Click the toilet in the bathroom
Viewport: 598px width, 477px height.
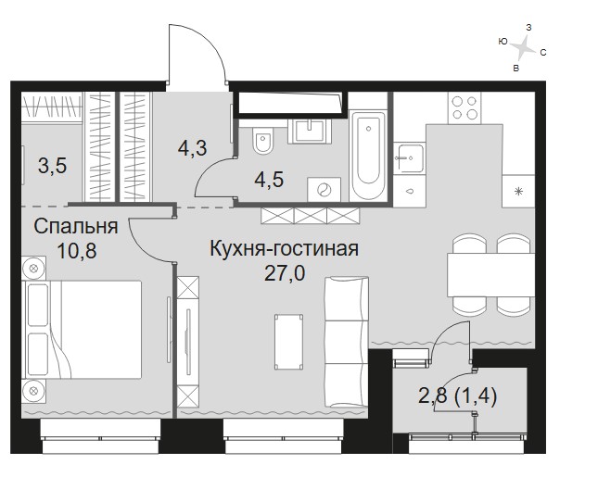click(x=263, y=140)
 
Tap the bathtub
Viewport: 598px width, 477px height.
click(x=368, y=155)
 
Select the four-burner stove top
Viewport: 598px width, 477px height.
click(x=464, y=107)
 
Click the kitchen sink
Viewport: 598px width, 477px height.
click(x=409, y=158)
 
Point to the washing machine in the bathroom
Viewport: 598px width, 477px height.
click(x=324, y=189)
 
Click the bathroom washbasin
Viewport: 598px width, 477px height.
click(x=310, y=131)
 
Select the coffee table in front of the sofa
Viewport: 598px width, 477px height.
click(x=289, y=342)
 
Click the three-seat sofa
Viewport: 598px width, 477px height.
click(x=347, y=342)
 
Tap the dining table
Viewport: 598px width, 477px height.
click(x=490, y=275)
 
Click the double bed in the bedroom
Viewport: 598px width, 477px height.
click(x=82, y=330)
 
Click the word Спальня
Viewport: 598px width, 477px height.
click(x=76, y=227)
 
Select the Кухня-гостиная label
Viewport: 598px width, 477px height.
click(x=284, y=249)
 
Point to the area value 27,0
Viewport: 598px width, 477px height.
click(x=285, y=273)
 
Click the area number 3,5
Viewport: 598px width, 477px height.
click(x=53, y=166)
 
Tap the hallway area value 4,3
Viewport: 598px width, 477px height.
click(x=193, y=148)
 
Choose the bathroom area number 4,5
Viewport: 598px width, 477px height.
click(x=269, y=180)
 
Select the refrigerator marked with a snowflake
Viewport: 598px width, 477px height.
click(x=518, y=191)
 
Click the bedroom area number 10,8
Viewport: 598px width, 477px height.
click(x=77, y=251)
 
